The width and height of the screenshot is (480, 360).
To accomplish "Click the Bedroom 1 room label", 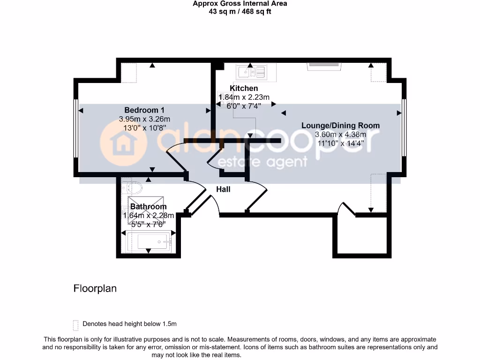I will pos(144,110).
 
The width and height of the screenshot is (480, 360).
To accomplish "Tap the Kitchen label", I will pos(244,88).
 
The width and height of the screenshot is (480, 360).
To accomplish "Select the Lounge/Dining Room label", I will pos(340,126).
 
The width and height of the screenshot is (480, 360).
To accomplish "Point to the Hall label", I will pos(223,189).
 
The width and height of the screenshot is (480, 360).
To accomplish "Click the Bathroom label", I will pos(148,207).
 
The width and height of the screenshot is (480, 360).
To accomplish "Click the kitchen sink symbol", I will pos(251,72).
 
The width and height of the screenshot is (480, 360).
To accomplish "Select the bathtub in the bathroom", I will pos(149,243).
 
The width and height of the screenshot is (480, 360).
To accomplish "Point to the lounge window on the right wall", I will pos(404,127).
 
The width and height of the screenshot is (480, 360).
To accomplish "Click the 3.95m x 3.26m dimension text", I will pos(144,119).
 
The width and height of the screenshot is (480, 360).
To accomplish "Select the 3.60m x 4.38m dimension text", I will pos(340,135).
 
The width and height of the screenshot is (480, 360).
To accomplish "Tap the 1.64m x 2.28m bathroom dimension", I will pos(148,216).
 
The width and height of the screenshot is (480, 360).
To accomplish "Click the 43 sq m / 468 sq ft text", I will pos(240,11).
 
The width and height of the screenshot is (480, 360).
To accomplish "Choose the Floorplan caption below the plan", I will pos(95,288).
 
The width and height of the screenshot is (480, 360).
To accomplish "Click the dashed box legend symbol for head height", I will pos(75,324).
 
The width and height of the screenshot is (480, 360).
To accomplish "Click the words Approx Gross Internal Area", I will pos(240,4).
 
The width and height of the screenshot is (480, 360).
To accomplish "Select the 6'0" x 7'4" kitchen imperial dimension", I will pos(244,106).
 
